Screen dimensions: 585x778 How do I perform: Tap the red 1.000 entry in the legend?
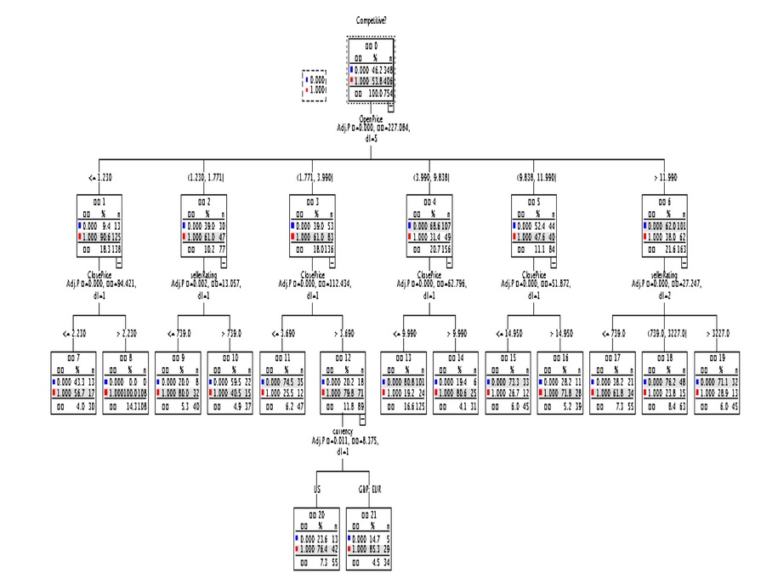click(x=315, y=89)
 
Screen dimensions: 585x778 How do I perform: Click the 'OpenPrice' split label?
click(x=372, y=119)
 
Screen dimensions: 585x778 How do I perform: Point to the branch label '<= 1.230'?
click(x=99, y=177)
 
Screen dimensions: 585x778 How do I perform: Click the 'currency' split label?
click(x=348, y=432)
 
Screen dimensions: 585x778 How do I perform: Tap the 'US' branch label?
click(x=316, y=490)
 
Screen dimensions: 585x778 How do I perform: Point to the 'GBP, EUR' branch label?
click(x=370, y=490)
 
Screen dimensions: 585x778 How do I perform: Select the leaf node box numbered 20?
click(x=316, y=538)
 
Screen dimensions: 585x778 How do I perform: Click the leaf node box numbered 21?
click(x=370, y=538)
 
